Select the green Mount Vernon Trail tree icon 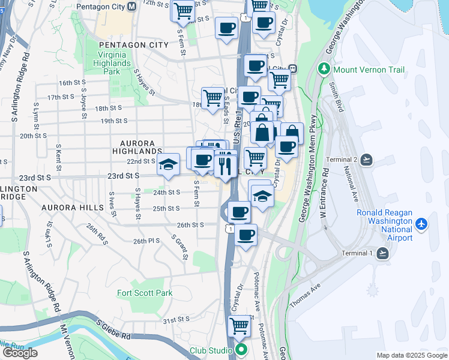tap(325, 69)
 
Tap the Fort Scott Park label tap(145, 293)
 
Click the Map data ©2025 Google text tap(411, 355)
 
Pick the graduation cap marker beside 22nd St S tap(169, 163)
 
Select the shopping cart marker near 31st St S tap(240, 326)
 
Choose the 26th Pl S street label tap(146, 241)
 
